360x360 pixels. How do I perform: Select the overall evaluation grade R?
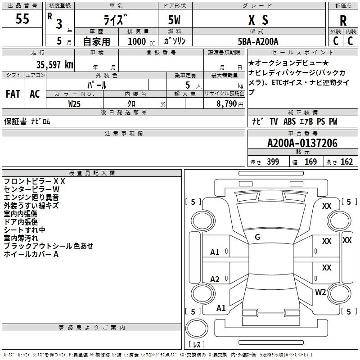click(343, 21)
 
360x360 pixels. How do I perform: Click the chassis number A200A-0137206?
click(302, 144)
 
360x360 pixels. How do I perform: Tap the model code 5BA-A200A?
click(258, 41)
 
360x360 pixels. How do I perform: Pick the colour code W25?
click(75, 103)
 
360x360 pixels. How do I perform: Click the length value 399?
click(273, 162)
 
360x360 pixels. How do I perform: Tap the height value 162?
click(346, 162)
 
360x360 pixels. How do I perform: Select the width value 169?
click(310, 162)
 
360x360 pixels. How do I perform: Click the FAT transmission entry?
click(13, 94)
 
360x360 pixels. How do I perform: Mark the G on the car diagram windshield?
click(257, 237)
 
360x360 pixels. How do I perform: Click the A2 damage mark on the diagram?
click(215, 279)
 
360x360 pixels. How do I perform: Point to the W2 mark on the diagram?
click(320, 292)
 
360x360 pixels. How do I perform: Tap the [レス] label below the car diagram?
click(196, 344)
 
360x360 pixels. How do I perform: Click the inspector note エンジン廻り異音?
click(31, 198)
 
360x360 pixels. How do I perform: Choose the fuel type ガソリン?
click(175, 41)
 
